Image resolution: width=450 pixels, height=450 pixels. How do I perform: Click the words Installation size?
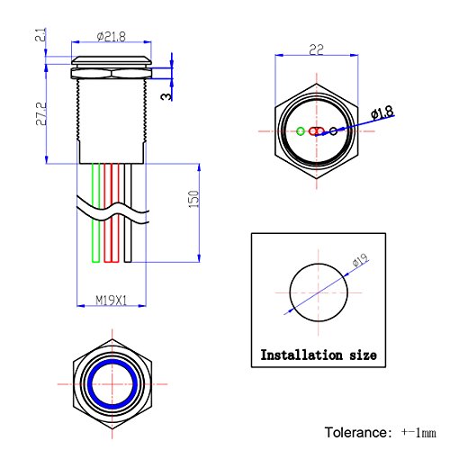click(x=318, y=355)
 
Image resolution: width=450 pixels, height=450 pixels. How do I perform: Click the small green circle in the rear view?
click(x=300, y=131)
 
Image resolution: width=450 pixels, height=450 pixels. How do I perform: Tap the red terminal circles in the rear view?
click(x=316, y=131)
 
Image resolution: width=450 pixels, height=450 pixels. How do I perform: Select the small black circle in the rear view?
click(x=333, y=131)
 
